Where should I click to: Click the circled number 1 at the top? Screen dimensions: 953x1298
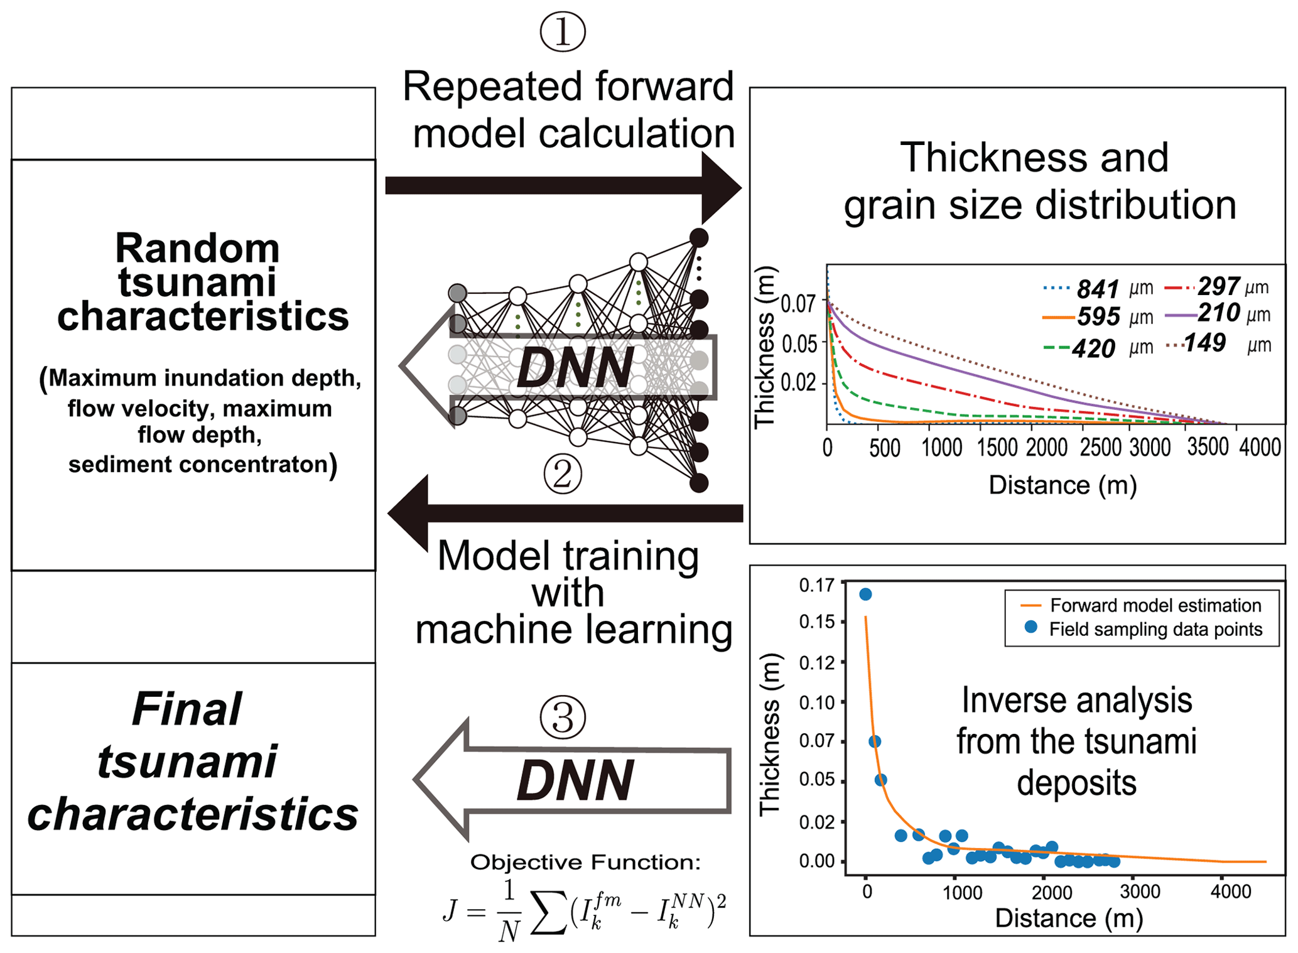tap(562, 32)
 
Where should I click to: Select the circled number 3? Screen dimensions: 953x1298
tap(563, 717)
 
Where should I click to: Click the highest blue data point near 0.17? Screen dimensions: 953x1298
tap(865, 594)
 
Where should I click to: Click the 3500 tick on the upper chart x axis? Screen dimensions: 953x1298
tap(1207, 447)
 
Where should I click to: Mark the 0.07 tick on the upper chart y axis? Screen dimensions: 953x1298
tap(798, 304)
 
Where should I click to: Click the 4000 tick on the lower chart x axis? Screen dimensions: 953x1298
tap(1230, 892)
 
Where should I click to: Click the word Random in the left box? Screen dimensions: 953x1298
tap(197, 249)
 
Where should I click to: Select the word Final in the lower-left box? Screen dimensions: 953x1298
tap(187, 709)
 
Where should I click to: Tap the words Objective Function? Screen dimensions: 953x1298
tap(585, 863)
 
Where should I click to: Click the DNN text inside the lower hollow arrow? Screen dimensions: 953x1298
tap(575, 780)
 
